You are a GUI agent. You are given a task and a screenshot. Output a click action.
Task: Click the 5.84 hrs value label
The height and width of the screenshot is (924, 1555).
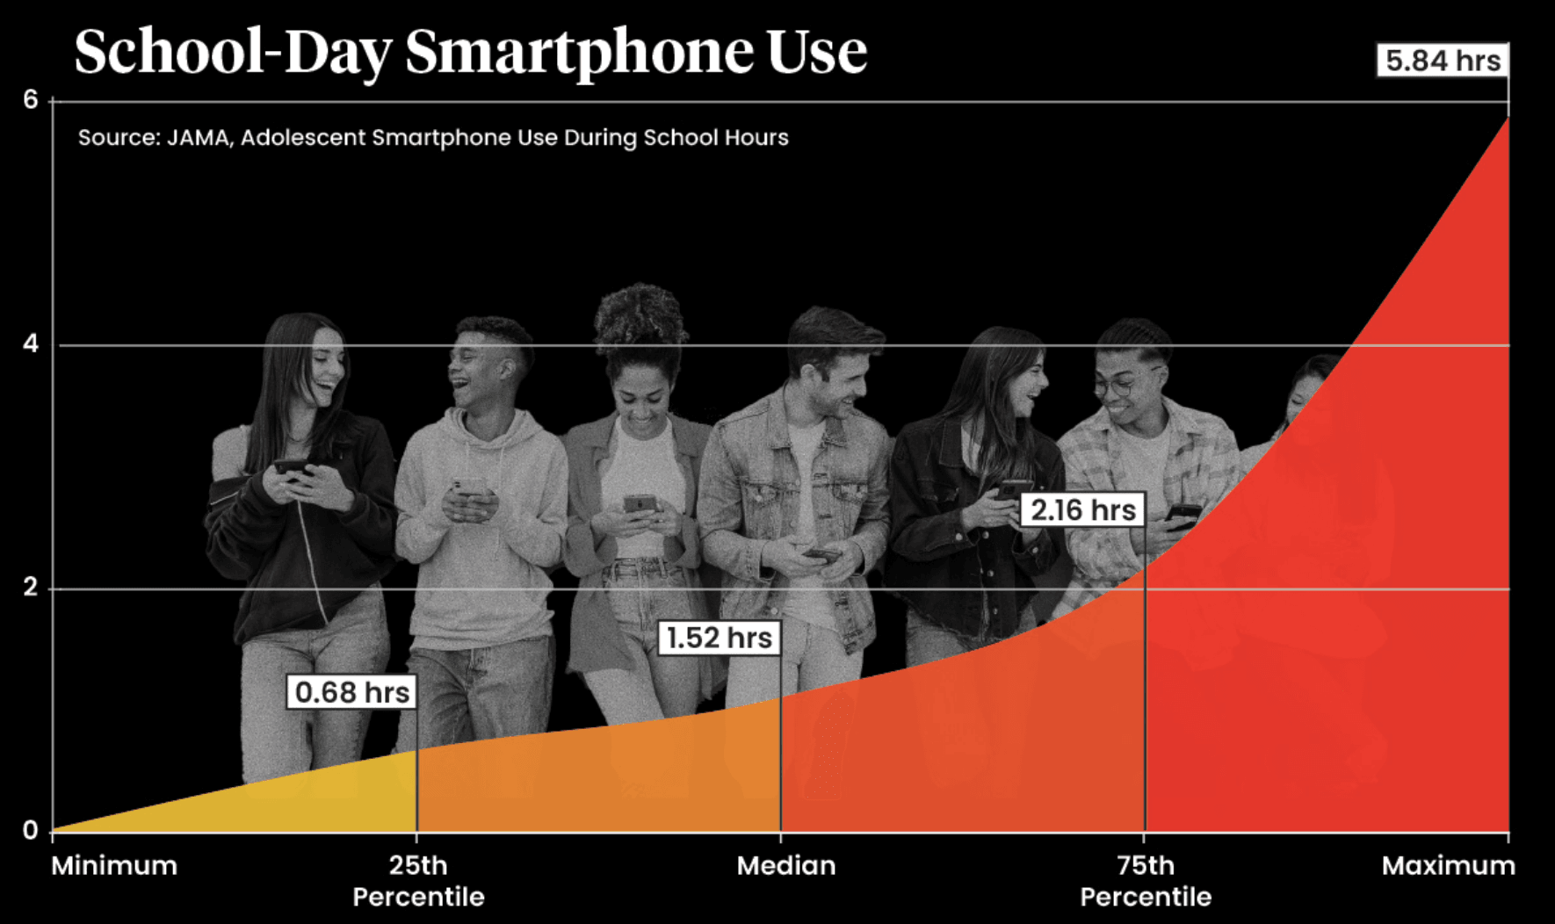point(1443,61)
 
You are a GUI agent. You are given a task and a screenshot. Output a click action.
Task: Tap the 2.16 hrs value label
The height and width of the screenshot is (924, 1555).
point(1082,509)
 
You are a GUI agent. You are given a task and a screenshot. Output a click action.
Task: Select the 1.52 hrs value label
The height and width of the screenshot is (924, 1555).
point(719,638)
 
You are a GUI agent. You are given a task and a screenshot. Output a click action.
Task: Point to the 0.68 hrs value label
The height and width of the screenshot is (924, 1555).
point(351,692)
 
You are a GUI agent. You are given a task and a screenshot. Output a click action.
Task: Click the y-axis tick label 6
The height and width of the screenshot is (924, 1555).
point(31,100)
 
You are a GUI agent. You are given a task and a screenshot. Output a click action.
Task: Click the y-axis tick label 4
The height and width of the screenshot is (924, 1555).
point(31,344)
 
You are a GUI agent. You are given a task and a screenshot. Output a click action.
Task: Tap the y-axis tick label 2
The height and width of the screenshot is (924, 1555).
point(31,588)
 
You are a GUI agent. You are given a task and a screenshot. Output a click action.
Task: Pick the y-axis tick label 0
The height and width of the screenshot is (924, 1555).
point(31,831)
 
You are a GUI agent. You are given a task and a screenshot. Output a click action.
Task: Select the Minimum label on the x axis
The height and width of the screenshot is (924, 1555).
point(114,866)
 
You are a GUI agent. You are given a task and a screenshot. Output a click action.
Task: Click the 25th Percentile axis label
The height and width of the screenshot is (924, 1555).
point(418,881)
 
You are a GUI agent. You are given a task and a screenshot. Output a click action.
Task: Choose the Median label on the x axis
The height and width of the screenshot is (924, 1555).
point(786,866)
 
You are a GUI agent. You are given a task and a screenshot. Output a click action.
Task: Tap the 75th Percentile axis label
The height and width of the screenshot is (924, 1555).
point(1146,881)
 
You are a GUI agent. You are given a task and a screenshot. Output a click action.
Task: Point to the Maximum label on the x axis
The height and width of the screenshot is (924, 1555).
point(1448,866)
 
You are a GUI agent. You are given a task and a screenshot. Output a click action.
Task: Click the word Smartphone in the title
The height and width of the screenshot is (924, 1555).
point(580,53)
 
